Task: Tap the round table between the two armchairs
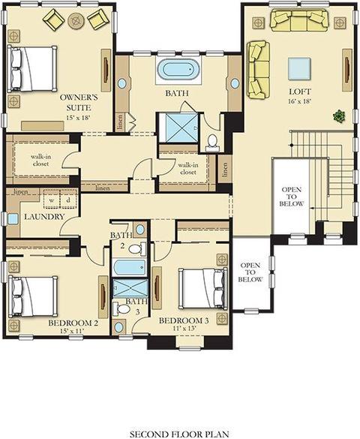tap(76, 20)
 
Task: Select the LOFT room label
tap(300, 92)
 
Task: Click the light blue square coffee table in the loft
tap(298, 69)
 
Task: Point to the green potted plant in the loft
tap(339, 116)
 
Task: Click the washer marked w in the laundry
tap(52, 199)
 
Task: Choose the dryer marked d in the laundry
tap(68, 199)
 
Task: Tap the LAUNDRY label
tap(44, 217)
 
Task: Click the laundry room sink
tap(13, 218)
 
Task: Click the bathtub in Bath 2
tap(129, 267)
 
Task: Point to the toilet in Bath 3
tap(121, 309)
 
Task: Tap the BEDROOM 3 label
tap(184, 320)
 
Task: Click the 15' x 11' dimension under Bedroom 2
tap(72, 331)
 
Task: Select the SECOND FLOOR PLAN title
tap(179, 434)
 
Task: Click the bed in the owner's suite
tap(32, 69)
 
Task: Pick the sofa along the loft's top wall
tap(299, 20)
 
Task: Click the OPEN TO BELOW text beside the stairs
tap(291, 197)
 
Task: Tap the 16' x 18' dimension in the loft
tap(300, 101)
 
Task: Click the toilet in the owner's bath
tap(212, 142)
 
